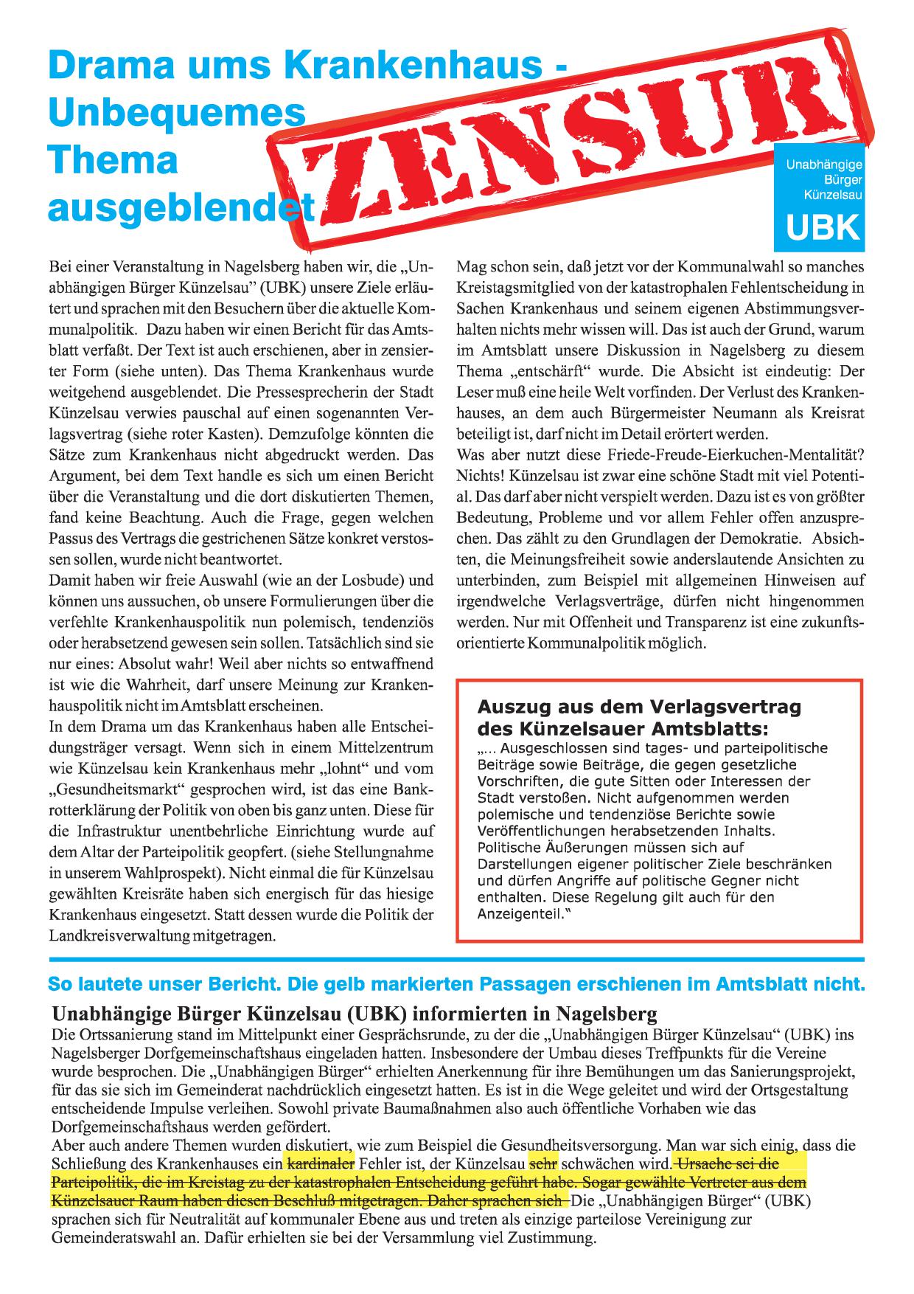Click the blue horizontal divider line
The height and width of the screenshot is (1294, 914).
tap(457, 958)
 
